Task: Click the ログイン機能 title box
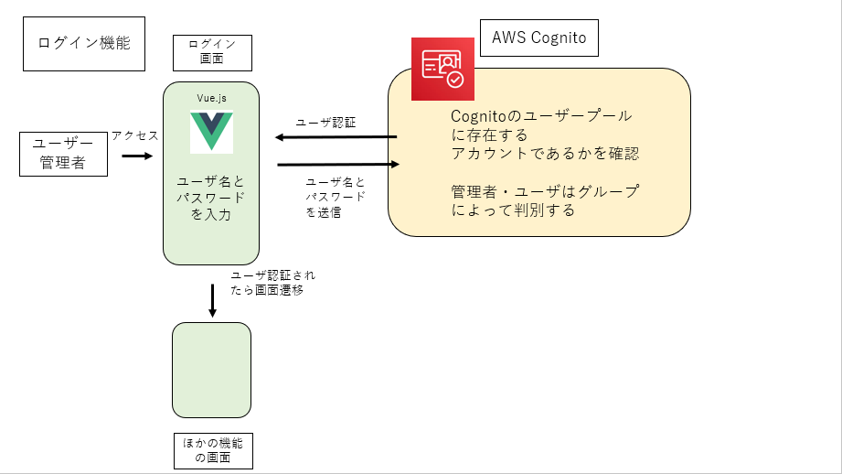tap(84, 44)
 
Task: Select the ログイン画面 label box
tap(212, 53)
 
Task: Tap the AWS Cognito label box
tap(539, 38)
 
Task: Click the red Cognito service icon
tap(442, 69)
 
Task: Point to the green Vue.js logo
tap(211, 132)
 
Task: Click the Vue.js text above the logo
tap(211, 98)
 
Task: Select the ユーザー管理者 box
tap(63, 154)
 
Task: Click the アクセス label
tap(135, 135)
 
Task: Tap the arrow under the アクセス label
tap(137, 156)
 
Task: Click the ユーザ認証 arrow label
tap(326, 123)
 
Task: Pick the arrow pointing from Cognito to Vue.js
tap(336, 137)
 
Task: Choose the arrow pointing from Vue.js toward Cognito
tap(338, 164)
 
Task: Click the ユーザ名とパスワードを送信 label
tap(336, 198)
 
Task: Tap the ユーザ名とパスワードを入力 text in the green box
tap(211, 198)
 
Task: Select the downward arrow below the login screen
tap(213, 300)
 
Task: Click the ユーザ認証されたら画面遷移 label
tap(272, 283)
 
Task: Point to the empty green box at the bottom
tap(211, 370)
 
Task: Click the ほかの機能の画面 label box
tap(213, 451)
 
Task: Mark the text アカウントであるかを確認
tap(545, 154)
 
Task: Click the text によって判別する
tap(513, 210)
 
